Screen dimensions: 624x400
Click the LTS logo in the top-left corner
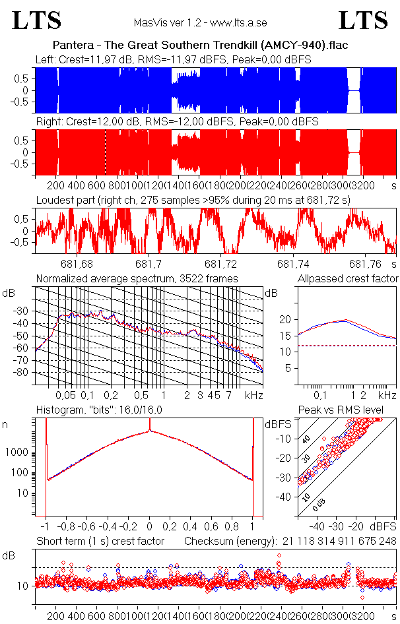point(37,21)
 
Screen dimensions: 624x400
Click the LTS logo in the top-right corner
point(363,21)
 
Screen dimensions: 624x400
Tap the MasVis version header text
point(200,22)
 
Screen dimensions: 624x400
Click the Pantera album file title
point(200,46)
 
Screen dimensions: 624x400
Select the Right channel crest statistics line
point(177,122)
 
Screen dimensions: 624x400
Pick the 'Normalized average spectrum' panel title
point(137,279)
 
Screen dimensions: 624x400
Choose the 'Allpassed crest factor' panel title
point(348,279)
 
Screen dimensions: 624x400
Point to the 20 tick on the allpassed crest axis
point(285,320)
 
